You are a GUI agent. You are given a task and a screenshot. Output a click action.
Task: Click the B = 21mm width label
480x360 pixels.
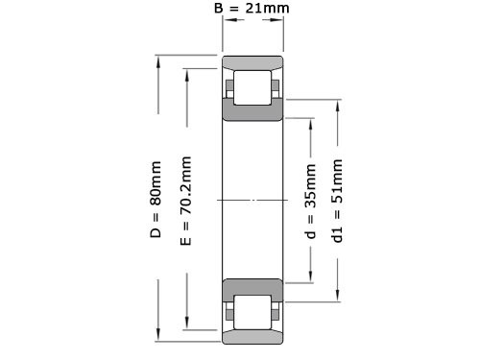tap(252, 10)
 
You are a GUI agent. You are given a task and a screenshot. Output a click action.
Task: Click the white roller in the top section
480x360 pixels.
tap(252, 88)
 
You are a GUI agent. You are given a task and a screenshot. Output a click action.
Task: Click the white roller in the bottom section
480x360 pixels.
tap(252, 311)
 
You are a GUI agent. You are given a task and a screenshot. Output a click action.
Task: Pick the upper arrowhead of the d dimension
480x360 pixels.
tap(310, 122)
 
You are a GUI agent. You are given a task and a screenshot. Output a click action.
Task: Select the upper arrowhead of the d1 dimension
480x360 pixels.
tap(337, 101)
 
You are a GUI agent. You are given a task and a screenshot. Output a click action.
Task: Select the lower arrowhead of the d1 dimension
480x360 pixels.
tap(337, 299)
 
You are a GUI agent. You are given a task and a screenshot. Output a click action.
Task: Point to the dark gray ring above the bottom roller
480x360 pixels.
tap(252, 287)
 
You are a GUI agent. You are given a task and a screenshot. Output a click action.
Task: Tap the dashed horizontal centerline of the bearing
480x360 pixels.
tap(252, 200)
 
